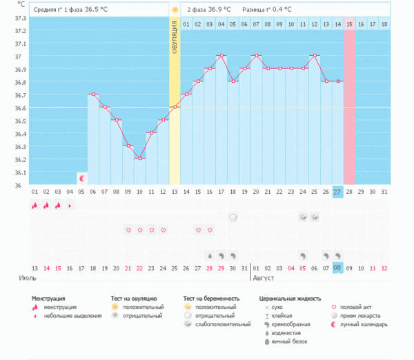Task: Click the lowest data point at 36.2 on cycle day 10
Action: point(139,159)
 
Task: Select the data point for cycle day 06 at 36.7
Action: point(92,94)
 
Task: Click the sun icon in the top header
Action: point(175,10)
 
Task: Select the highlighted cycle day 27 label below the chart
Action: point(337,191)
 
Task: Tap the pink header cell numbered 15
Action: point(349,24)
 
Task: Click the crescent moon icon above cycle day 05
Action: point(81,178)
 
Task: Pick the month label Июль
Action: point(27,278)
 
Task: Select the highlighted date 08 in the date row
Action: point(337,268)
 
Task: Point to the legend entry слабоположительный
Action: point(222,324)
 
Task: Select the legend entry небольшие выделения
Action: point(65,315)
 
